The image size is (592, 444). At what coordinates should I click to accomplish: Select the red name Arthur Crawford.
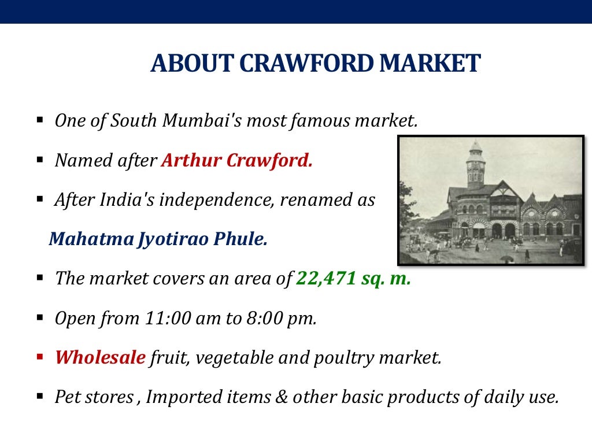[236, 161]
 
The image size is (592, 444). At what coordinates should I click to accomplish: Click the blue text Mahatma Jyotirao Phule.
[158, 239]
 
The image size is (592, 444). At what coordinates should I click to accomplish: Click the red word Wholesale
[100, 358]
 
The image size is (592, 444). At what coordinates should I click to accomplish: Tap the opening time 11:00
[166, 319]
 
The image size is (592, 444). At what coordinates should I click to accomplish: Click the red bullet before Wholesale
[40, 357]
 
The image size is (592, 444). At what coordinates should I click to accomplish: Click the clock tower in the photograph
[475, 165]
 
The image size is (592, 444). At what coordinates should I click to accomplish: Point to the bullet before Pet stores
[40, 397]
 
